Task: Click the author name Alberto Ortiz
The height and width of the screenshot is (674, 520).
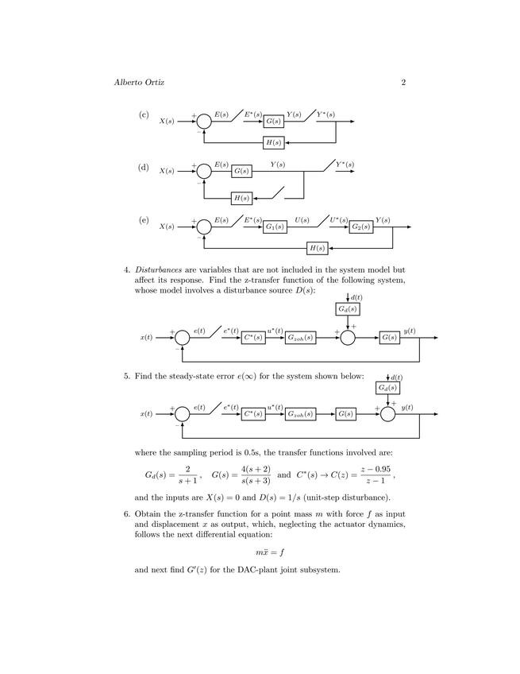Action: click(143, 83)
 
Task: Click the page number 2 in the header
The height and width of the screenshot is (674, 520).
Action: click(403, 83)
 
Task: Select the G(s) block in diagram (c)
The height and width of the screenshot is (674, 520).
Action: click(274, 122)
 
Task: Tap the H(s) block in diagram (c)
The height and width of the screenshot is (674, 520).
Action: click(273, 143)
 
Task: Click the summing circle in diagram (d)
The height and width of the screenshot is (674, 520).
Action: click(204, 171)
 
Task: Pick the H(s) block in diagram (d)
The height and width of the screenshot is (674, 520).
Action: click(241, 198)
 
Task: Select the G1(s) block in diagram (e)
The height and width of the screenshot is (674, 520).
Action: click(275, 227)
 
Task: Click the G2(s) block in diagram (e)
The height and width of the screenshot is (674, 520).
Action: click(360, 227)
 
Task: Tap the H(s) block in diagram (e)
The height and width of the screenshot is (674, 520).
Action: click(318, 249)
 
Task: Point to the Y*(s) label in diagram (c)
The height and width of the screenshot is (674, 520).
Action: click(325, 114)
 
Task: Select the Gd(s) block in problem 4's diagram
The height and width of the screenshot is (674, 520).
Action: click(348, 308)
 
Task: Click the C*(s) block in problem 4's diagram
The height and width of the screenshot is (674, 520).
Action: click(253, 338)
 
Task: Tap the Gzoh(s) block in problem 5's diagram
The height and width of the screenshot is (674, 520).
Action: click(301, 414)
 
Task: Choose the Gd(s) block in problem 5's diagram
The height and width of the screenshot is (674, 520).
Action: click(388, 388)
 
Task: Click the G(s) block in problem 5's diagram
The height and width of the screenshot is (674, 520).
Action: click(345, 414)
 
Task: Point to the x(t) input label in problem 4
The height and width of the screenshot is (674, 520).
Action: click(147, 338)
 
